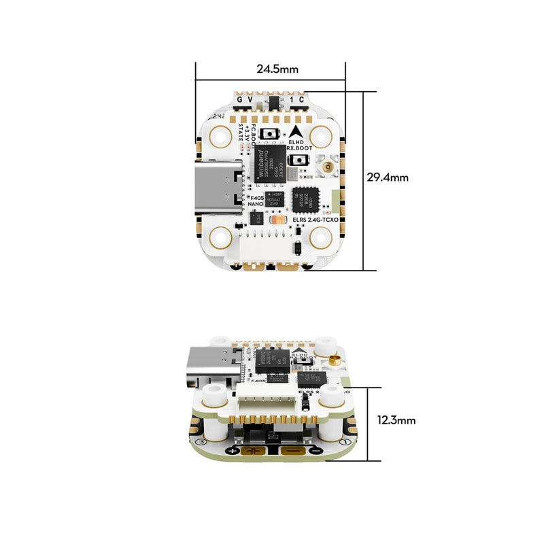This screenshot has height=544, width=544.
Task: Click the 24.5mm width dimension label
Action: [277, 69]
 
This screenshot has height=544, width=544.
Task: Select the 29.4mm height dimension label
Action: [387, 177]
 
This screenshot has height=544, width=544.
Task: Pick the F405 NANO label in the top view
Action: [255, 200]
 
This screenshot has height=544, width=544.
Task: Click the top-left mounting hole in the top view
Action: [221, 137]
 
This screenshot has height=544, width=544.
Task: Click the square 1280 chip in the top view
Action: [303, 199]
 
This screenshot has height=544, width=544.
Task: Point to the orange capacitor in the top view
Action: [277, 220]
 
